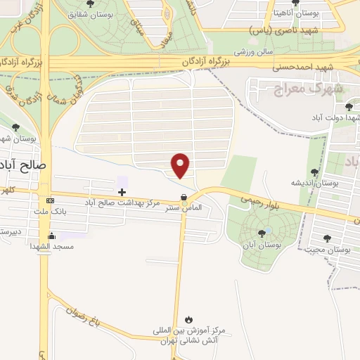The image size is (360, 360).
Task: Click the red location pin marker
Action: tap(181, 166)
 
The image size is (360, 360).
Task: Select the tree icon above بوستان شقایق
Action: tap(89, 3)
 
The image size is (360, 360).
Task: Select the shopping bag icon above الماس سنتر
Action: tap(184, 198)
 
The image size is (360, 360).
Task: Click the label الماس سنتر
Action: tap(186, 207)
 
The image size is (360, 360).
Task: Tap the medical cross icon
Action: tap(122, 191)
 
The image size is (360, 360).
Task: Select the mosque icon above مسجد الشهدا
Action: tap(51, 236)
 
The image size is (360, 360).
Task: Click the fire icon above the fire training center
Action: tap(187, 319)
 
